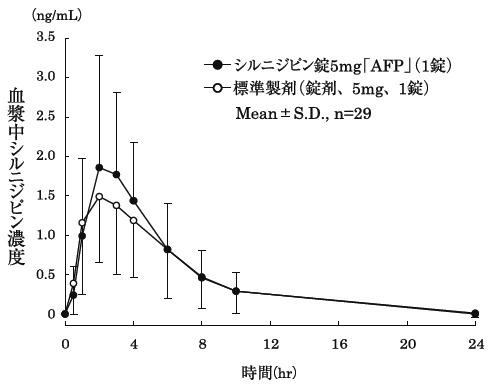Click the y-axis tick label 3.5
[x=44, y=37]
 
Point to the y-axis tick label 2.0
[x=44, y=156]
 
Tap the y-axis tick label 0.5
[x=44, y=275]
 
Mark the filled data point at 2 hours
[x=99, y=167]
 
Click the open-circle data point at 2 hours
[x=99, y=196]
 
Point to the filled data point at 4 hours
[x=133, y=201]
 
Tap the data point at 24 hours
[x=475, y=313]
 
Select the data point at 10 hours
[x=236, y=291]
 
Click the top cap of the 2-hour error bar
[x=99, y=55]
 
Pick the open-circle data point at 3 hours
[x=116, y=205]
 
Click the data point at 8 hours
[x=202, y=277]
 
